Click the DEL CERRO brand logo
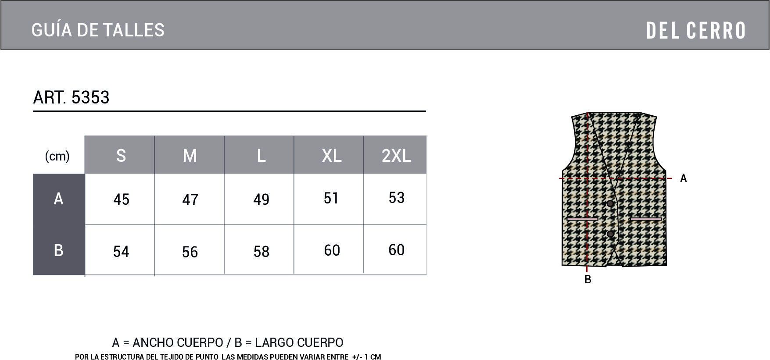pos(696,31)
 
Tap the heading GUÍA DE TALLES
pos(98,30)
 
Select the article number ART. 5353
pos(71,97)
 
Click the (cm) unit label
pos(57,156)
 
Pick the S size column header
pos(121,156)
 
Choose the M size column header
pos(190,156)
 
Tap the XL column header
pos(331,156)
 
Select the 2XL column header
pos(396,156)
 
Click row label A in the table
pos(58,199)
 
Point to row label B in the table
pos(58,250)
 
